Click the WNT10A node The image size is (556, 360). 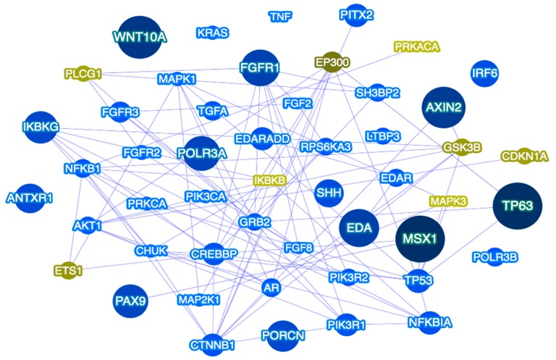point(139,35)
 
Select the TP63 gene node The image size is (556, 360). point(517,206)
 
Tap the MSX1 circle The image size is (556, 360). point(421,238)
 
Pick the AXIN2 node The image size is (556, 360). point(445,107)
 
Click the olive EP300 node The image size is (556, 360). point(333,63)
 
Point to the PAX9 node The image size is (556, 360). point(130,299)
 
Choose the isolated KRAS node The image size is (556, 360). point(213,33)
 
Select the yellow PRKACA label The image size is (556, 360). point(417,46)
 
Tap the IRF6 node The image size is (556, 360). point(484,72)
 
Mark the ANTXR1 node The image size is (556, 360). point(30,196)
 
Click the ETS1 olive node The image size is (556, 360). point(68,271)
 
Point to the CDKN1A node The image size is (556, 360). point(525,156)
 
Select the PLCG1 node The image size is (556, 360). point(83,74)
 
